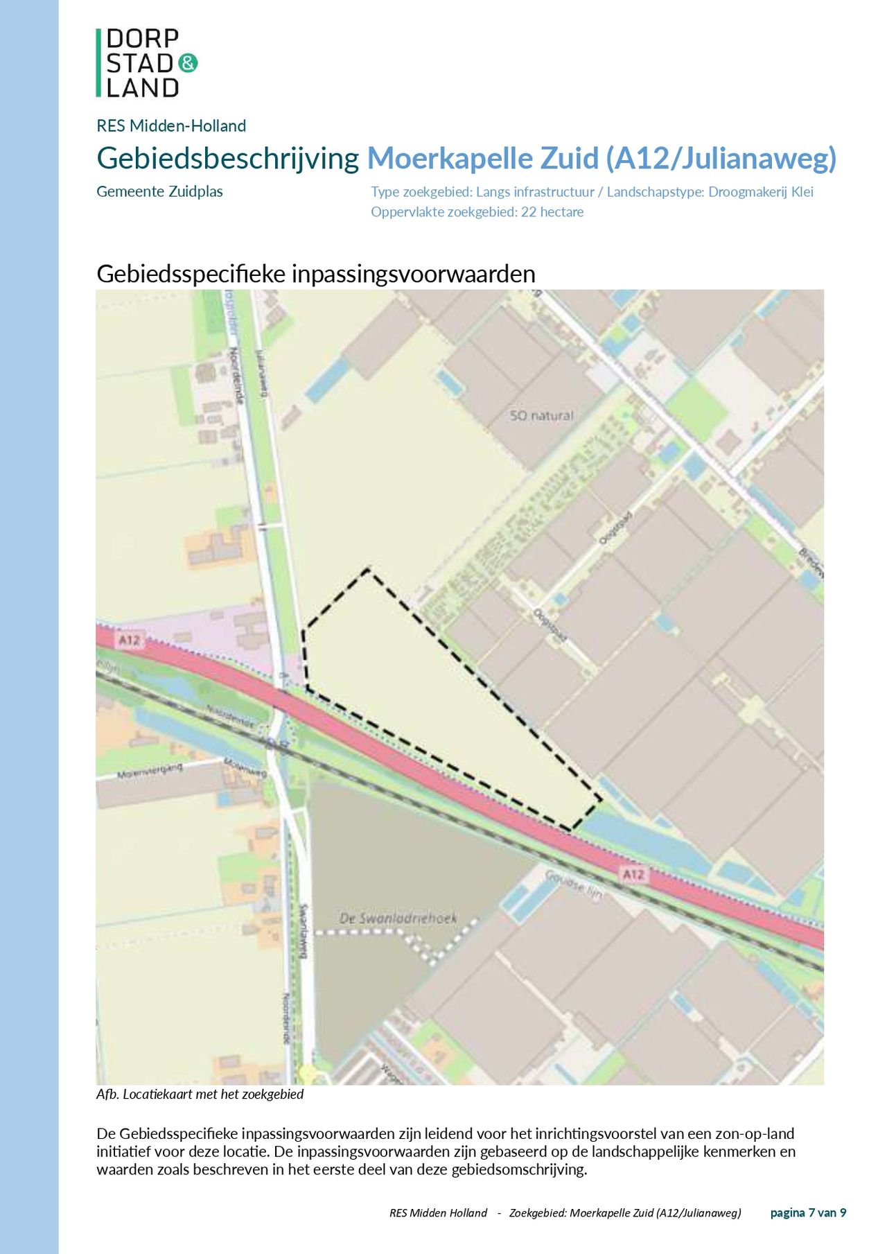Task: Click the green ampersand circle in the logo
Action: point(188,63)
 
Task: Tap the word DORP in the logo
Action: point(143,39)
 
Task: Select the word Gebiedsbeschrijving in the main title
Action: point(227,159)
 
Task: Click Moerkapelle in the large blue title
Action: point(450,159)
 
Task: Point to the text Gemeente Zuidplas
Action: point(159,192)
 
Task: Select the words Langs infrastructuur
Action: point(535,192)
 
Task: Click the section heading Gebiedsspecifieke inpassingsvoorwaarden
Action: point(315,274)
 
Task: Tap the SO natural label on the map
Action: point(541,416)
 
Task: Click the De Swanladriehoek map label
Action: point(398,918)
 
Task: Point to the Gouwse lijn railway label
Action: point(574,885)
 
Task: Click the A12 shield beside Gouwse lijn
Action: point(633,874)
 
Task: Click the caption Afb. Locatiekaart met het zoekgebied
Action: point(200,1095)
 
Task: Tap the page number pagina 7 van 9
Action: point(808,1212)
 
